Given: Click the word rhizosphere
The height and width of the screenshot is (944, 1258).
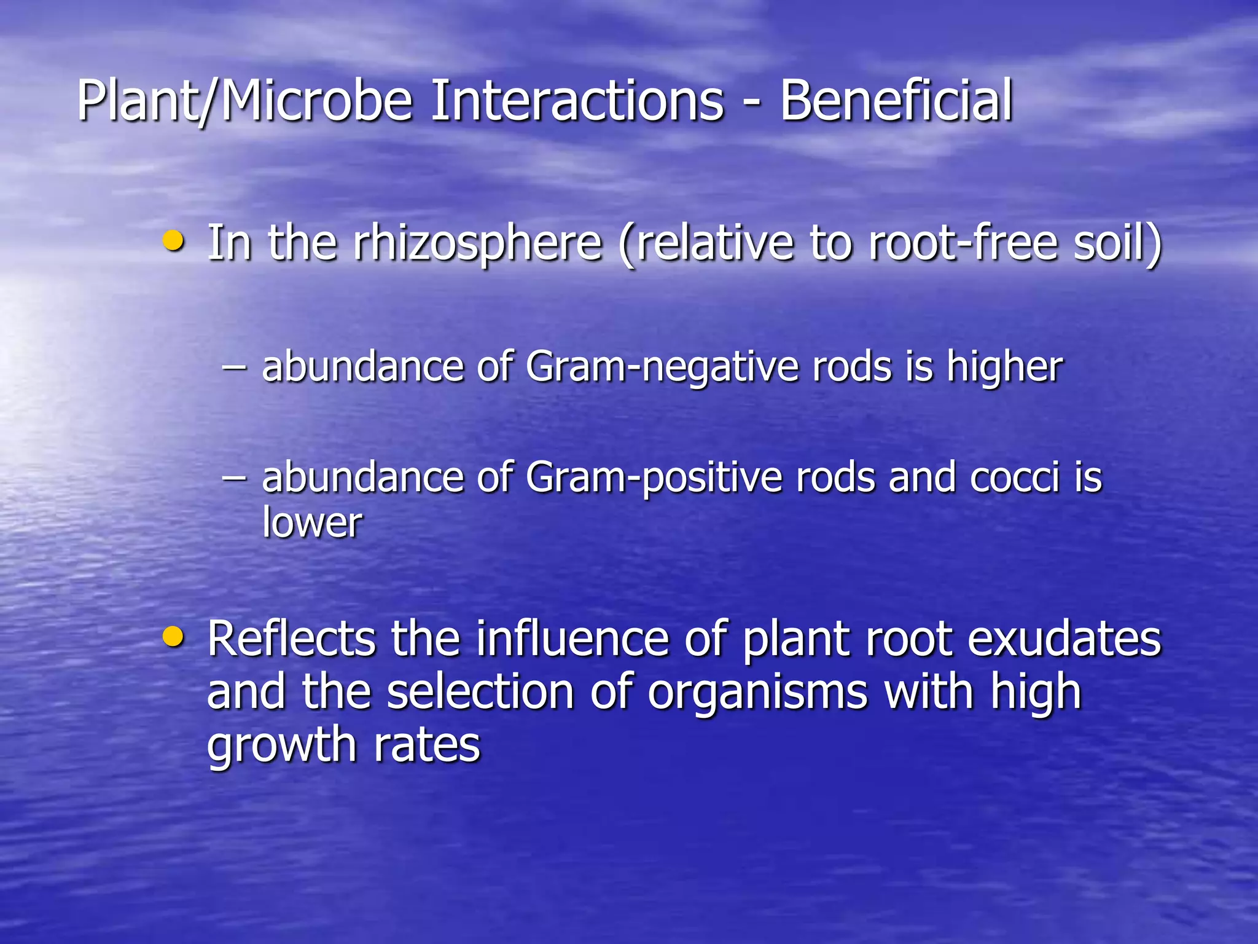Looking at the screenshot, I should [477, 243].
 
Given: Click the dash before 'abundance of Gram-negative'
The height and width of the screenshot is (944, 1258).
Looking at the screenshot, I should [234, 368].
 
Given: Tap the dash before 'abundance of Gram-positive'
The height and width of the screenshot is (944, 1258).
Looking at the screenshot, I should [234, 478].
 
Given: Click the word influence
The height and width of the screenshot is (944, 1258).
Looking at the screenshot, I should [572, 639].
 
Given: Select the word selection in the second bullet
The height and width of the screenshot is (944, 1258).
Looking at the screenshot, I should [480, 692].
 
